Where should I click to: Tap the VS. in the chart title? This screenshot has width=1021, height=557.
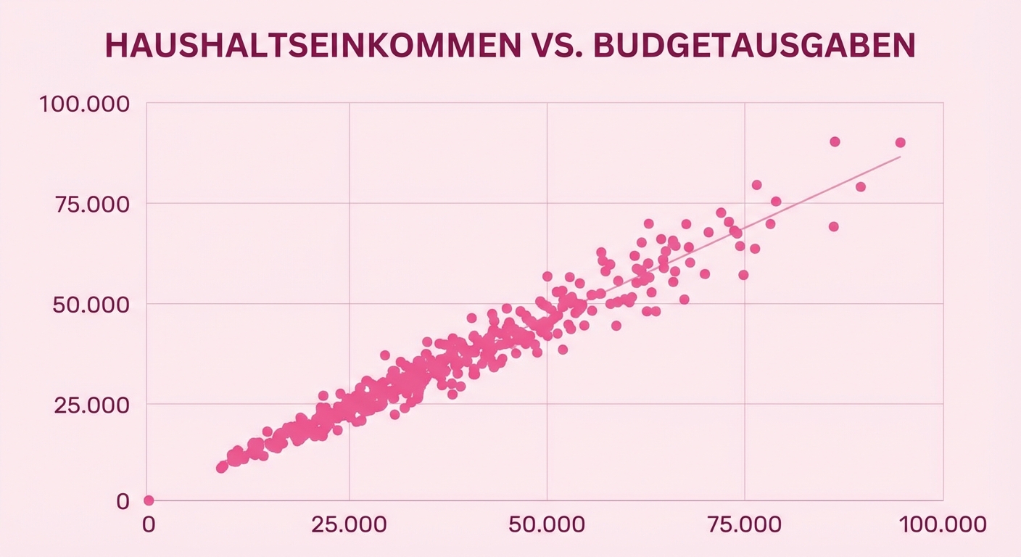[x=553, y=45]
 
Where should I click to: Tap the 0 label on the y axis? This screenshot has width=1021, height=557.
[x=123, y=501]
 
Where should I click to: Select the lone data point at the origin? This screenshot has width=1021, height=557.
[x=149, y=500]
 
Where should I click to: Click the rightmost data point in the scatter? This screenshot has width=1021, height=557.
[x=900, y=142]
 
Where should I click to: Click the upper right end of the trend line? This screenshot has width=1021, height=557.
[x=900, y=157]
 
